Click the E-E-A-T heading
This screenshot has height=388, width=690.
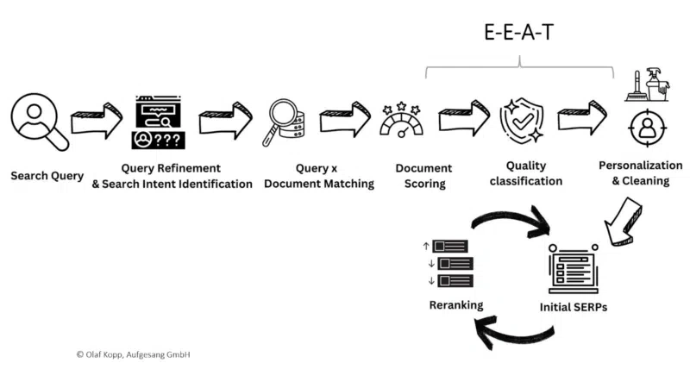517,33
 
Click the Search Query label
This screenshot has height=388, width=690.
47,176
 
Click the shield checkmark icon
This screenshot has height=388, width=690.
523,122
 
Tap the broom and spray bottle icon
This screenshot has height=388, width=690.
648,86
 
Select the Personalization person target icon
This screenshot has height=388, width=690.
645,129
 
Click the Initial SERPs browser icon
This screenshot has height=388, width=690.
573,268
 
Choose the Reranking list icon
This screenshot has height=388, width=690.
448,263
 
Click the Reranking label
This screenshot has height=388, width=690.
456,305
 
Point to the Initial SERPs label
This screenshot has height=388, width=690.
573,307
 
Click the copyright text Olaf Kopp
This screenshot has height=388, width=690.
133,354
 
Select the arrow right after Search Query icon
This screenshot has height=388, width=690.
96,121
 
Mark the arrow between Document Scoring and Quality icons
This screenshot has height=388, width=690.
463,119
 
